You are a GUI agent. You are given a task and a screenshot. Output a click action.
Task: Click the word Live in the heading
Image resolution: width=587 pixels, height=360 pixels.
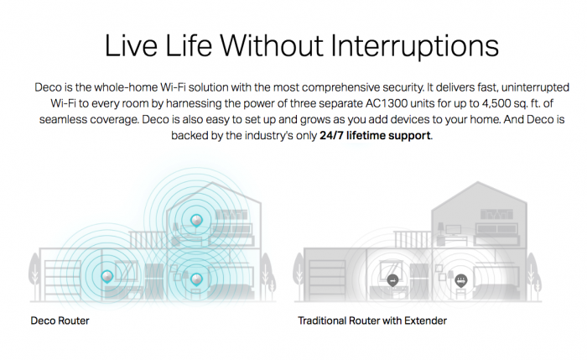131,45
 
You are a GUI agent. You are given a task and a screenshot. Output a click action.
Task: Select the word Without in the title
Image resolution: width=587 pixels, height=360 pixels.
272,45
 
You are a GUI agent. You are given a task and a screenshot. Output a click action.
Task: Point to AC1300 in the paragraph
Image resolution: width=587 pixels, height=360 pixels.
381,103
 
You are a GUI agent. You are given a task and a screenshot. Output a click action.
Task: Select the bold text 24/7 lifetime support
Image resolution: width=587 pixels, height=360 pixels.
375,135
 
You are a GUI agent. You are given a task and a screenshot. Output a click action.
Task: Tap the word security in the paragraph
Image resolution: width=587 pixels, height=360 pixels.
403,87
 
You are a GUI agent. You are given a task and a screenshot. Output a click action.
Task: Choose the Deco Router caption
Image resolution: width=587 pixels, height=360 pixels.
60,321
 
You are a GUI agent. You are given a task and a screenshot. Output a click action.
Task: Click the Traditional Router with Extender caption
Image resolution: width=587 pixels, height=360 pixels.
372,321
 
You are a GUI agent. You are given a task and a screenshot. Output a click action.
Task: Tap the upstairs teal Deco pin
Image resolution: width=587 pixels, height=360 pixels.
196,221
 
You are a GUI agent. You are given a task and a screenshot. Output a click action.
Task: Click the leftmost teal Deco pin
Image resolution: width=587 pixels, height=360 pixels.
107,277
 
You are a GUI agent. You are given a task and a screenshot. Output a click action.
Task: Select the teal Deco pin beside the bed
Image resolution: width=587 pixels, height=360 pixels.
196,279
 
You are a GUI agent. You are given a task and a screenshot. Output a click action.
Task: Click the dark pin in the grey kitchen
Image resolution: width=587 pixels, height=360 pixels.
392,280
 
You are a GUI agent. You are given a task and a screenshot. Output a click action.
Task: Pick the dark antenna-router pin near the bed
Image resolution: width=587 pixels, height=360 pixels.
461,280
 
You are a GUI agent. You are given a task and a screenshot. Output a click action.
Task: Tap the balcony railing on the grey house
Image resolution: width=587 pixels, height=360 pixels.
413,239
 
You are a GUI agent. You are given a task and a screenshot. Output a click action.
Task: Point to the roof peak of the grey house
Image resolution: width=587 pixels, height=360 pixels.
478,182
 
